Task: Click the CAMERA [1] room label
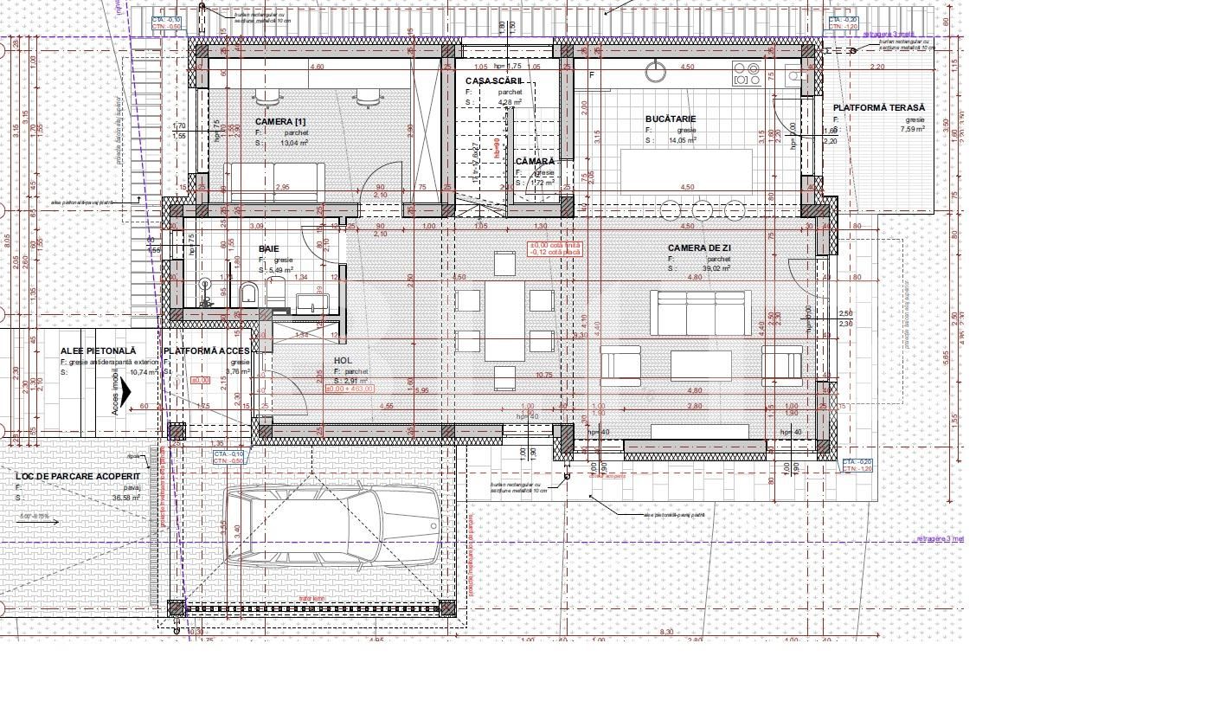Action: (x=280, y=122)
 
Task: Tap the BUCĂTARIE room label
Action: (x=671, y=119)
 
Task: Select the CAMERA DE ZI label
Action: (x=700, y=248)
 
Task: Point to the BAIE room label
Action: (x=269, y=249)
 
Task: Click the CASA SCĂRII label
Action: (x=494, y=80)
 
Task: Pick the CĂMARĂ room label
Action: (x=535, y=162)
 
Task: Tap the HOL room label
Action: (x=343, y=361)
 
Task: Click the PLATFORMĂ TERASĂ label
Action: (x=879, y=108)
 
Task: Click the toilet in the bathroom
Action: (x=249, y=293)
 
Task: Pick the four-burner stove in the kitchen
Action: (x=746, y=74)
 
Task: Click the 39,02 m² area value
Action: (x=716, y=269)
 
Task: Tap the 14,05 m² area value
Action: (x=683, y=139)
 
